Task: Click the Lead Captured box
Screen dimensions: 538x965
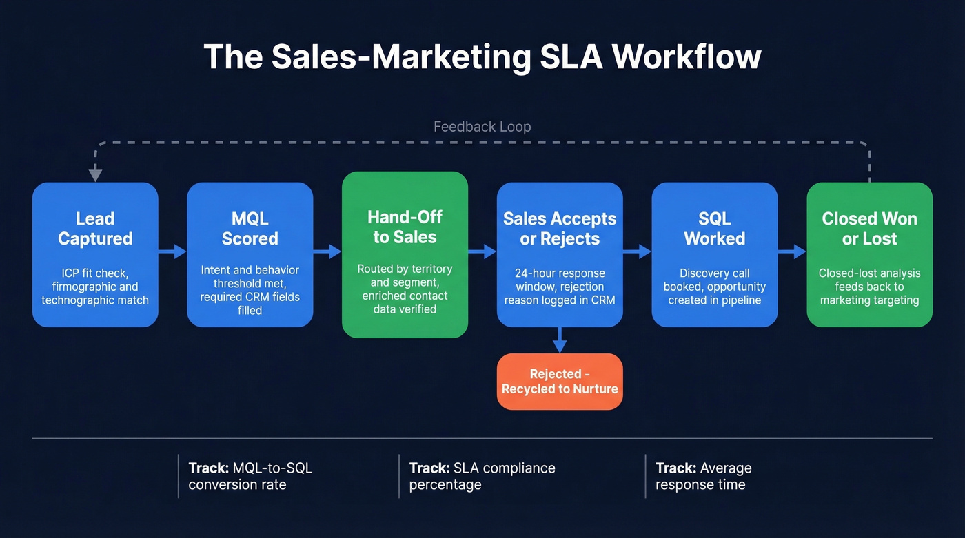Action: (x=95, y=254)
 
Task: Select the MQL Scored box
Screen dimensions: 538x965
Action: (x=250, y=254)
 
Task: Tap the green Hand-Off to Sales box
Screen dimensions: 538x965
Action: (x=405, y=254)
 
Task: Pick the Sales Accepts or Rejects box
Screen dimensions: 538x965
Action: (x=560, y=254)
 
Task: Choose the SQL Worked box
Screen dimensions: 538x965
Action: (x=714, y=254)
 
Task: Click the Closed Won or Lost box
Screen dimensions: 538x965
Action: (x=869, y=254)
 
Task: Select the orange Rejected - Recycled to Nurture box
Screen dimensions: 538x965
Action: (x=560, y=382)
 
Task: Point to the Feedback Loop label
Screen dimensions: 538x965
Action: (x=482, y=127)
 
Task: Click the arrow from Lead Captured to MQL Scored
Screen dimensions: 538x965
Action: (x=173, y=251)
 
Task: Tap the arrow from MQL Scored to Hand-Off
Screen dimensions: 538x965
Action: (x=327, y=251)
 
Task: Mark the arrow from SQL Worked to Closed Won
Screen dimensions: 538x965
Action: (x=793, y=251)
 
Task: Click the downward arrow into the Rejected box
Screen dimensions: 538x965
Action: (x=560, y=340)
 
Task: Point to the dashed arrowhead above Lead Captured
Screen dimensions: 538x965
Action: (x=95, y=176)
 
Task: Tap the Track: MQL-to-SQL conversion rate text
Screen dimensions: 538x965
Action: (x=250, y=476)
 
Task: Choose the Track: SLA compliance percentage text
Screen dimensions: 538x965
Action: (x=482, y=476)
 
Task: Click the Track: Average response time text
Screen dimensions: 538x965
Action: (x=703, y=476)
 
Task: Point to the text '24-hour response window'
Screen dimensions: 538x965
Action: (x=560, y=280)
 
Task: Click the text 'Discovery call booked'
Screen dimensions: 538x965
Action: (x=714, y=280)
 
